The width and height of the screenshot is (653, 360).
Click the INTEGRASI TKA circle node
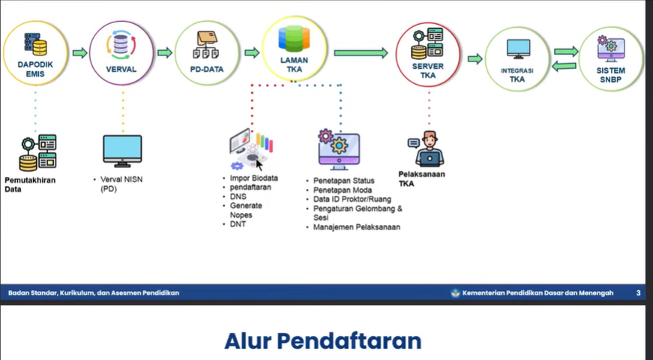pos(517,58)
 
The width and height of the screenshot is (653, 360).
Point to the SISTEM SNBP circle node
pos(611,58)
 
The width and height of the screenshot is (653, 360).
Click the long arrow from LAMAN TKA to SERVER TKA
pos(360,53)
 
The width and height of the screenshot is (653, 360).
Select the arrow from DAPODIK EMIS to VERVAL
pos(79,53)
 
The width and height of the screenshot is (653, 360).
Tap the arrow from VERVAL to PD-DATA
pos(165,53)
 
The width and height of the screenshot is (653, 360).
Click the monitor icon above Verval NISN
pos(122,150)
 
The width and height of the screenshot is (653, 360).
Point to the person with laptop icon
pos(430,148)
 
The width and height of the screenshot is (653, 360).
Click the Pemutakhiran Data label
pos(30,184)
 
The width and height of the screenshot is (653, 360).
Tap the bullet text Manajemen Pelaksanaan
pos(357,226)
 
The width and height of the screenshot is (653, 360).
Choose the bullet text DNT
pos(238,223)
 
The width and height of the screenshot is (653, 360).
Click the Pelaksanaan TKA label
pos(421,178)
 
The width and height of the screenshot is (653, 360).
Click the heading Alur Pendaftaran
pos(322,340)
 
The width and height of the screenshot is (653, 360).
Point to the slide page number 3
pos(638,292)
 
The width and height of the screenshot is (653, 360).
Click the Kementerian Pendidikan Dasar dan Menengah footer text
pos(538,292)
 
